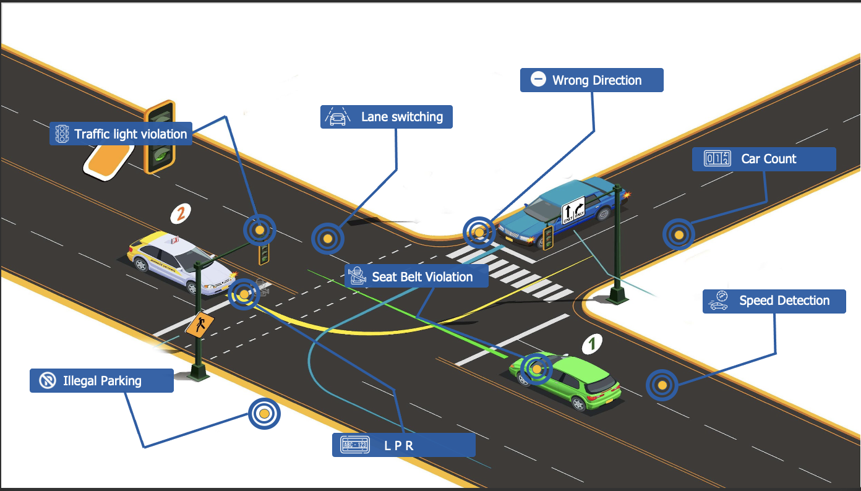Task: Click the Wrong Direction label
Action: (x=591, y=80)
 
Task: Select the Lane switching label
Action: (x=387, y=117)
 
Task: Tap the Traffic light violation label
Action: (x=121, y=134)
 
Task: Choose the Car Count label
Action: (x=764, y=159)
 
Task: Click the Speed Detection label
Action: (x=774, y=301)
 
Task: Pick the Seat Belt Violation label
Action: (x=416, y=276)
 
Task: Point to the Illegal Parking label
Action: (x=101, y=380)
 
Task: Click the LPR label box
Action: (x=403, y=445)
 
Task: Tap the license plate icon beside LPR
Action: (x=355, y=445)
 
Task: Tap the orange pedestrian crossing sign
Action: (x=200, y=325)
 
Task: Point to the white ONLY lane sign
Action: (x=573, y=210)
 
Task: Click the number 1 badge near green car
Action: (x=592, y=343)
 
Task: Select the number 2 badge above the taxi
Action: (x=181, y=213)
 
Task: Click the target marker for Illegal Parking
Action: (x=264, y=414)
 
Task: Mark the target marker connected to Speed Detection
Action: (x=662, y=385)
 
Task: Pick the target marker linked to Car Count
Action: (x=679, y=234)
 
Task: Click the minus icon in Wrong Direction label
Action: (x=538, y=79)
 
